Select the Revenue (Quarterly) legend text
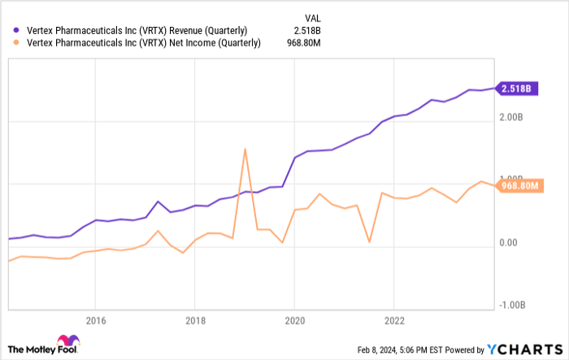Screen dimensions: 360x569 pos(135,31)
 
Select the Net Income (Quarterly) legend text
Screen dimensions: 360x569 pos(139,43)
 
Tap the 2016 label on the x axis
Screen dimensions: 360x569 pos(96,319)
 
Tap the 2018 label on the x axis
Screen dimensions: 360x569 pos(194,319)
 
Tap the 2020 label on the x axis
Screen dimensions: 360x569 pos(293,319)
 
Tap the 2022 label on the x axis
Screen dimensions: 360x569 pos(393,319)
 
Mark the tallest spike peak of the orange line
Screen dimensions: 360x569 pos(245,149)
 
